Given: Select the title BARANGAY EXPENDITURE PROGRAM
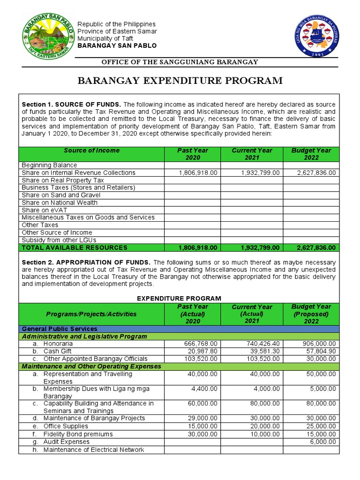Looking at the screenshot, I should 180,81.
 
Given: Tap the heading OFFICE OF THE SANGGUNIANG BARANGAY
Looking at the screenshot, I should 180,62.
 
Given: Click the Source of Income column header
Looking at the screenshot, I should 91,150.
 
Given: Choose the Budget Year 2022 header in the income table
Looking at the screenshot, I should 311,154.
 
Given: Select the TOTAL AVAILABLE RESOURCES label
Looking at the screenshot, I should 75,247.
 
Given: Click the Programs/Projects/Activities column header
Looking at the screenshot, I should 91,314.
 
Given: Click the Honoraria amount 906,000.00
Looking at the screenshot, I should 319,344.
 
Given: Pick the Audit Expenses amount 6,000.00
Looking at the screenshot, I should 322,442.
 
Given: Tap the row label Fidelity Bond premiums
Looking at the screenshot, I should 78,434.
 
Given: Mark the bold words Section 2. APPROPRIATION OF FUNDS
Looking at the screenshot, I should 86,262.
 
